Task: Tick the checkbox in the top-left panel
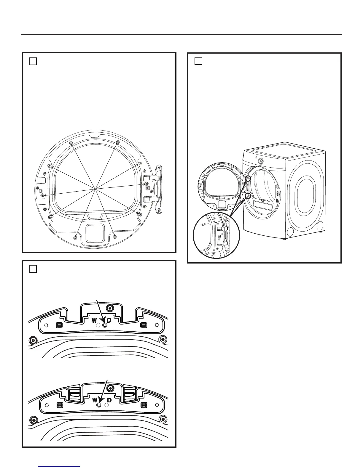[33, 61]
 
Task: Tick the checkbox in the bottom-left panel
[33, 269]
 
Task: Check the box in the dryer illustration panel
[198, 61]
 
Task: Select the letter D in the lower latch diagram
[109, 400]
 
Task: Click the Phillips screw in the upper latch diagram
[110, 309]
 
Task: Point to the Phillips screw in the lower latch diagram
[110, 387]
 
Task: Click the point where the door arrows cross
[95, 189]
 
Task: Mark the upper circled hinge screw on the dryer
[248, 179]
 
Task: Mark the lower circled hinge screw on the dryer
[248, 196]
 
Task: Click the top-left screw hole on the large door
[71, 143]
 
